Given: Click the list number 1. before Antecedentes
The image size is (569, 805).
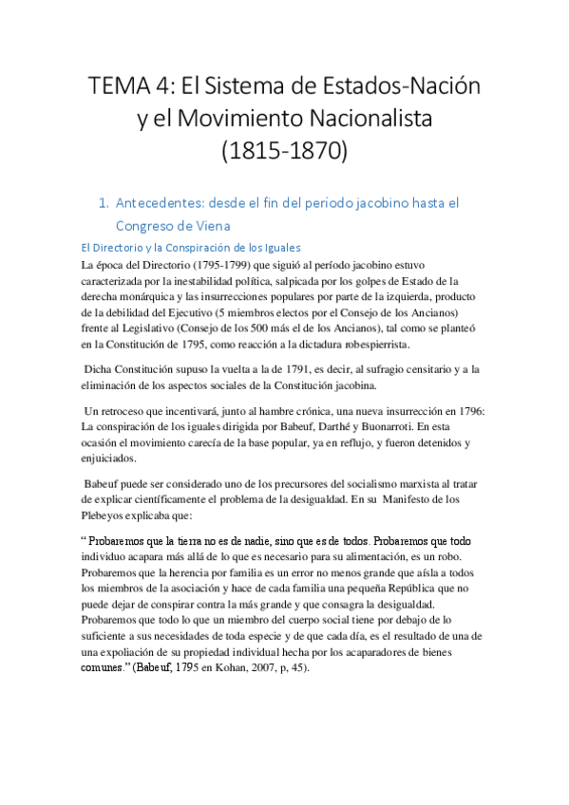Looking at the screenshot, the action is (x=105, y=203).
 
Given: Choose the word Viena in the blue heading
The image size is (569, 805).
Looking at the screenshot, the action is (x=213, y=226).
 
